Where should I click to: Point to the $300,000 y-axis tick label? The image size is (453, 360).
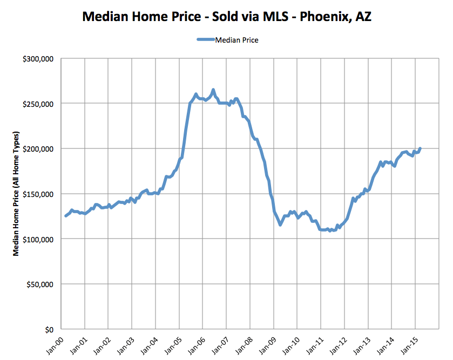pyautogui.click(x=36, y=58)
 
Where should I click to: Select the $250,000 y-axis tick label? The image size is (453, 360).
pyautogui.click(x=36, y=104)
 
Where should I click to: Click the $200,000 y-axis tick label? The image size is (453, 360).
pyautogui.click(x=36, y=148)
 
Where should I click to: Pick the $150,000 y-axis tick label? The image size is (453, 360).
pyautogui.click(x=36, y=194)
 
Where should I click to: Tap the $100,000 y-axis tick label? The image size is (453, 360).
pyautogui.click(x=36, y=239)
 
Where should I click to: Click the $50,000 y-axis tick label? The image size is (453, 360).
pyautogui.click(x=38, y=284)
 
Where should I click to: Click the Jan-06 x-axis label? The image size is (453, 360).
pyautogui.click(x=195, y=344)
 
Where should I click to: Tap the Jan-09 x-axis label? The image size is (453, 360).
pyautogui.click(x=266, y=344)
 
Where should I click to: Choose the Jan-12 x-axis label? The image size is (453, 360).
pyautogui.click(x=336, y=344)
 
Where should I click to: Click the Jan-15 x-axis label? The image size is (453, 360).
pyautogui.click(x=407, y=344)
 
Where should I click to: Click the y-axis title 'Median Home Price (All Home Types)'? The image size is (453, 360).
pyautogui.click(x=17, y=193)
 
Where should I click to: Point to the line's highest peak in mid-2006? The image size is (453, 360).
pyautogui.click(x=213, y=90)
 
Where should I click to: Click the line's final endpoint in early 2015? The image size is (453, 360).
pyautogui.click(x=420, y=148)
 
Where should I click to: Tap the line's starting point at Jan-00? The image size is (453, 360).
pyautogui.click(x=65, y=216)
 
